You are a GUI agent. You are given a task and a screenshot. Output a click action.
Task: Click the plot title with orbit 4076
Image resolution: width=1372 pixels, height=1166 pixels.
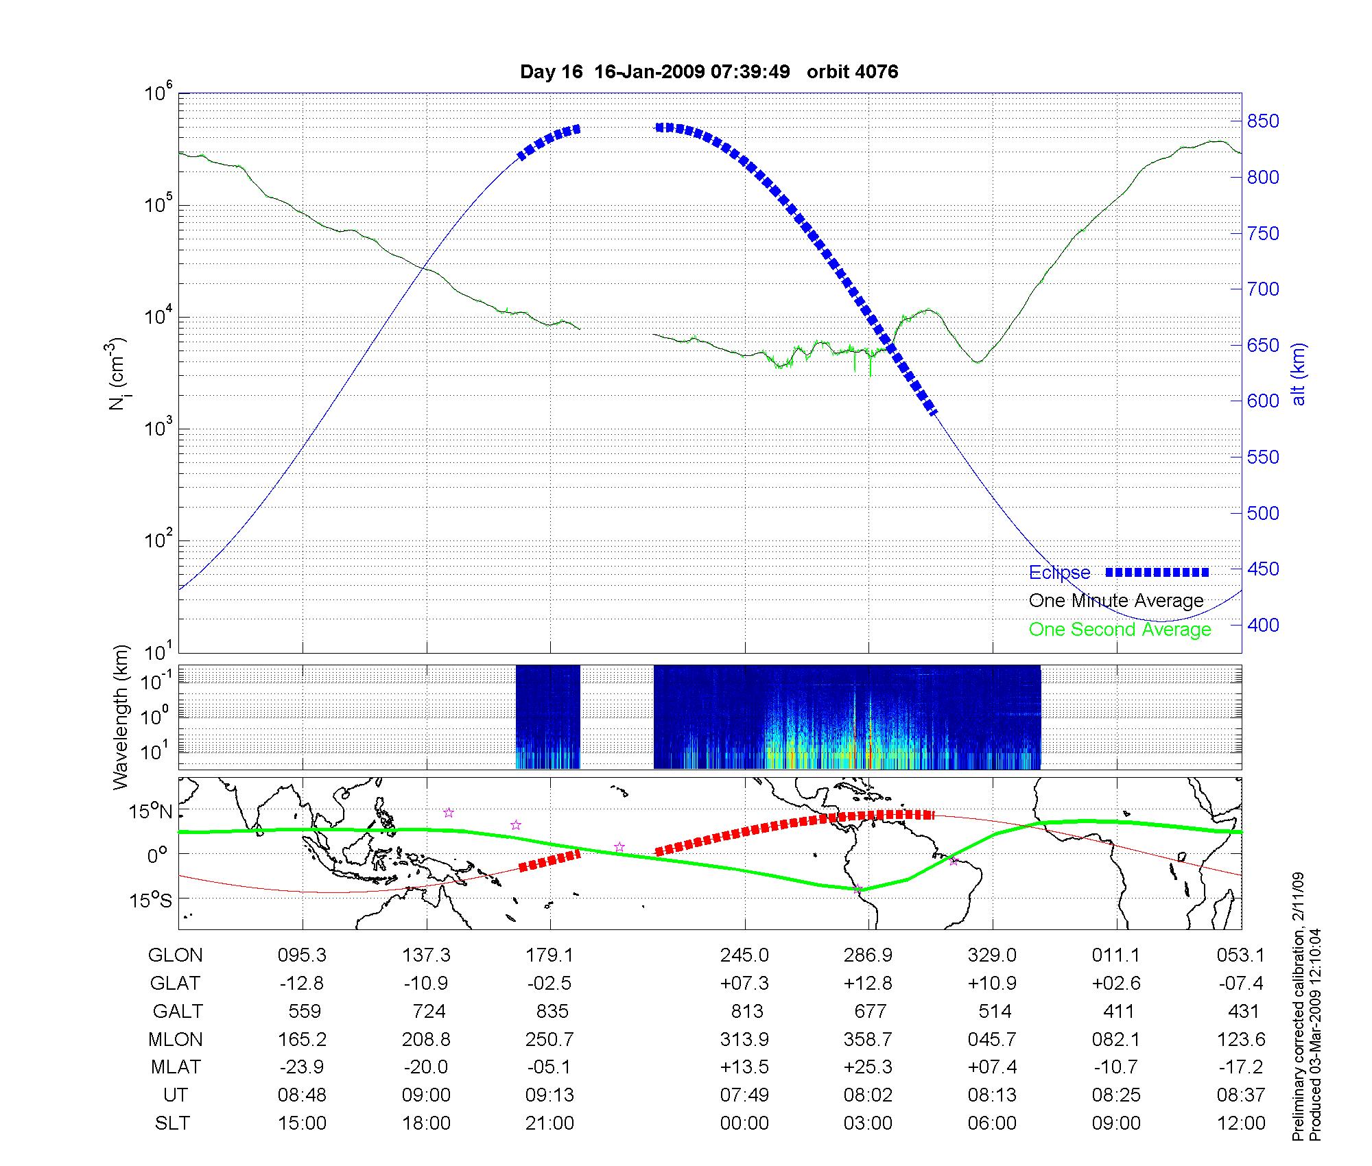[x=709, y=72]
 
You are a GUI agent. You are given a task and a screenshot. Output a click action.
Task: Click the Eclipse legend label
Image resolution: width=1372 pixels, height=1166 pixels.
[x=1059, y=573]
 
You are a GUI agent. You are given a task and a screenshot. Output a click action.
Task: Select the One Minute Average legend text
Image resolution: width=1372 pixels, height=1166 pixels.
[x=1116, y=601]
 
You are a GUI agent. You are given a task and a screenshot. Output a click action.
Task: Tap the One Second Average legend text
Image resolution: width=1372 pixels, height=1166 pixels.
[x=1120, y=630]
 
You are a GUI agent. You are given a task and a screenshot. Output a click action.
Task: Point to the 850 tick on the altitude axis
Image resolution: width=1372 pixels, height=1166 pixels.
[x=1263, y=121]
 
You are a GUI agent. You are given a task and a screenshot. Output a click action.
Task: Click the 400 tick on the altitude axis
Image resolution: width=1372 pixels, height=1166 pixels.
[x=1263, y=625]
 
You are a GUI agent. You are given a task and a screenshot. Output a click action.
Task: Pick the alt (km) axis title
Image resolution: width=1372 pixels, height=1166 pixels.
[x=1299, y=374]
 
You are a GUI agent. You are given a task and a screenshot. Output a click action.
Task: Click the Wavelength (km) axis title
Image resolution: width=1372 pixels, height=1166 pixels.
[x=121, y=717]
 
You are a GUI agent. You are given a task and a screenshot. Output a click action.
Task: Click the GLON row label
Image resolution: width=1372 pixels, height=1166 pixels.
[x=175, y=955]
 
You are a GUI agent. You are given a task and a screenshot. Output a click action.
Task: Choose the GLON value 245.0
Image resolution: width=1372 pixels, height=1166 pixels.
[x=744, y=955]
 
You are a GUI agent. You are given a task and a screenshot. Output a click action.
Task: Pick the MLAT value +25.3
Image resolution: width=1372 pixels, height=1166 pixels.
[x=868, y=1067]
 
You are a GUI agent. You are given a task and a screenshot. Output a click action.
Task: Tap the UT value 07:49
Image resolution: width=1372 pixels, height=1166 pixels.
[x=744, y=1095]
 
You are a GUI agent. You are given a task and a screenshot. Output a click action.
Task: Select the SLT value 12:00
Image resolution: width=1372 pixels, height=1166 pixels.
[x=1241, y=1123]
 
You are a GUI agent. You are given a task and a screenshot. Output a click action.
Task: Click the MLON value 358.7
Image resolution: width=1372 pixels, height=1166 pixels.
[x=868, y=1040]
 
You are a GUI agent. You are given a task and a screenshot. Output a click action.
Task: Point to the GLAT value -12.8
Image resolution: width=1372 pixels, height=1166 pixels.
[x=302, y=984]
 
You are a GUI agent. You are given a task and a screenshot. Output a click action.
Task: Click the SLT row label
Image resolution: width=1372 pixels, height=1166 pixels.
[x=172, y=1123]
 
